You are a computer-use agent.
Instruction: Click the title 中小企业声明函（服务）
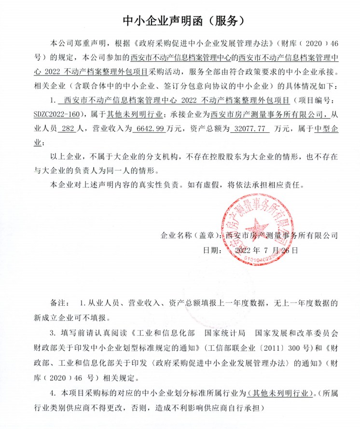[180, 20]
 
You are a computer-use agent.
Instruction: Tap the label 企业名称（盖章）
[191, 236]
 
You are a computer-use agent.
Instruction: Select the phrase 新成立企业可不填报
[72, 318]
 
